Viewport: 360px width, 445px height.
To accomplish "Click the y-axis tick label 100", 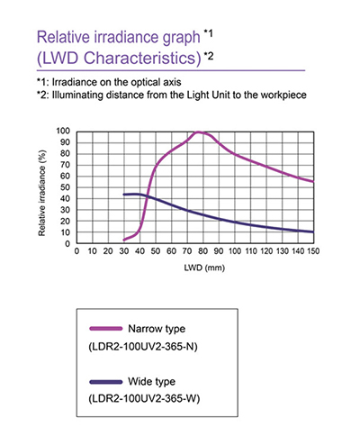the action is coord(63,131).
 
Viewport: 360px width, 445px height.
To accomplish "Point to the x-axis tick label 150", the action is coord(313,251).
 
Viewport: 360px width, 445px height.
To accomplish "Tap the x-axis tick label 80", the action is coord(203,251).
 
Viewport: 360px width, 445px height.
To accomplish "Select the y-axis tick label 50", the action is coord(65,187).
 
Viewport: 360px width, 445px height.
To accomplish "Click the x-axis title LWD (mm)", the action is coord(204,268).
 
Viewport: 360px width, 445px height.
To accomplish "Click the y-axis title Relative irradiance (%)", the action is coord(42,193).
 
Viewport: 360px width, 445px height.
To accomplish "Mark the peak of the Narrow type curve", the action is coord(198,132).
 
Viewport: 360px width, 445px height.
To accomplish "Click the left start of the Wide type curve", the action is coord(124,195).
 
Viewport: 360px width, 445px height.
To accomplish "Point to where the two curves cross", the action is coord(147,195).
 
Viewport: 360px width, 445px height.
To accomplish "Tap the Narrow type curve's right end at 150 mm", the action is coord(313,182).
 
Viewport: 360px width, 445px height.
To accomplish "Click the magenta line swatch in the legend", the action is coord(106,329).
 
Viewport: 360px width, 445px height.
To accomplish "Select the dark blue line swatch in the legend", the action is coord(106,382).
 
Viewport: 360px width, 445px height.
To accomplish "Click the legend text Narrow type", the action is coord(157,329).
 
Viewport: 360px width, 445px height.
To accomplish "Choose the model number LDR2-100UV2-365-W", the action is coord(144,399).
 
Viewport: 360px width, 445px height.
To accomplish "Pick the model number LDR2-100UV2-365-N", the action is coord(143,347).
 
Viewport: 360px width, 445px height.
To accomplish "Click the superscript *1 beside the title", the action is coord(208,33).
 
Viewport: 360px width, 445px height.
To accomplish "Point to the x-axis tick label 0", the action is coord(76,251).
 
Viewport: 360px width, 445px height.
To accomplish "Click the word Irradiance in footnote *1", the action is coord(68,82).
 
